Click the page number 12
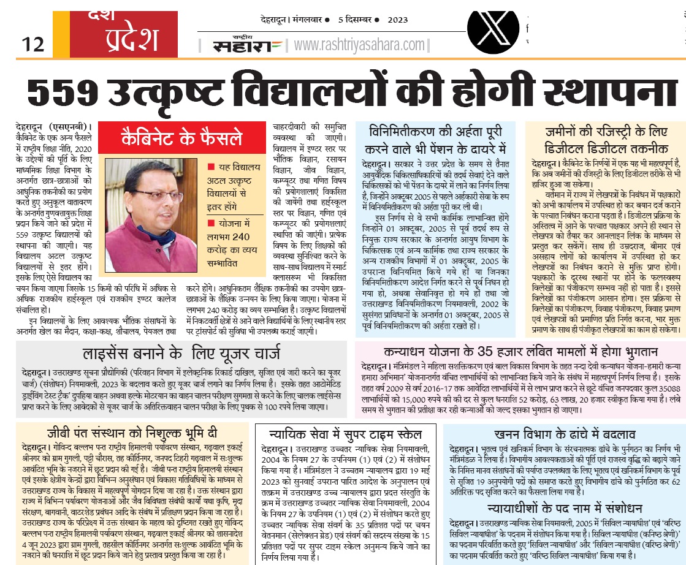[33, 44]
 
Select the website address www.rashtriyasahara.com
[359, 45]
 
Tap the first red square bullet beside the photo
[211, 167]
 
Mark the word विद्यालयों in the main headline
[313, 93]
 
